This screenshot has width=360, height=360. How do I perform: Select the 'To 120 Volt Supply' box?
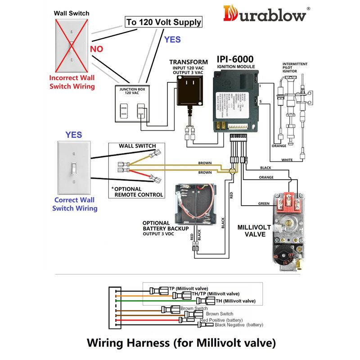(163, 22)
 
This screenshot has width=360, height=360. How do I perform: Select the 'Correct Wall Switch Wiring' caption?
(75, 204)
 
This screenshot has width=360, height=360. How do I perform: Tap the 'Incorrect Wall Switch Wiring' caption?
(72, 82)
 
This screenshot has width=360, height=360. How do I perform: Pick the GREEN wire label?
(264, 203)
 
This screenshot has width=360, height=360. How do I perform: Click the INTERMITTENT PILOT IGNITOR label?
(295, 67)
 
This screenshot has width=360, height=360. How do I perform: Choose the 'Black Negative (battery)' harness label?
(238, 324)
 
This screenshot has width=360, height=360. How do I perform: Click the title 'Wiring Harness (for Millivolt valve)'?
(180, 343)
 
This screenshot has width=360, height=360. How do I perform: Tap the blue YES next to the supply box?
(172, 40)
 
